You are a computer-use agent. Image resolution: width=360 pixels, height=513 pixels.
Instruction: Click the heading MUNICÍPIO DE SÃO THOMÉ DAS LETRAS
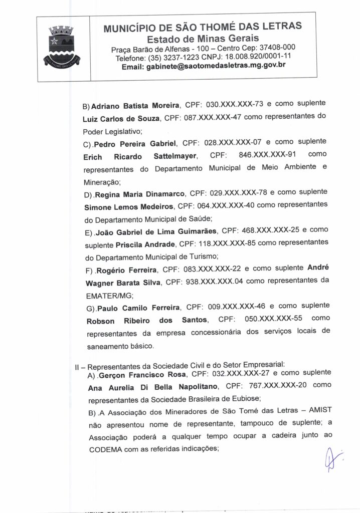203,27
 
